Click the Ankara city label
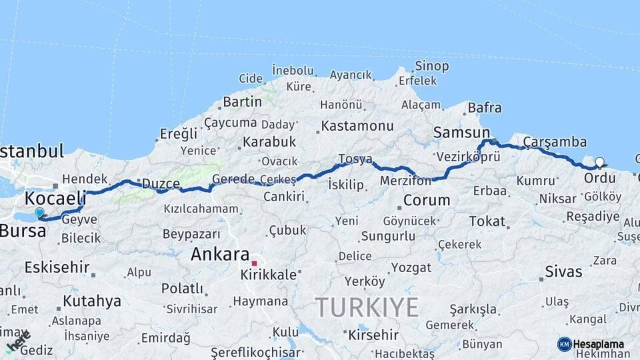(x=220, y=253)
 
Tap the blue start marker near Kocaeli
(x=39, y=213)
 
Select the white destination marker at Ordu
(x=599, y=162)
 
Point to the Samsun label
(x=461, y=133)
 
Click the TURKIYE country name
(x=367, y=307)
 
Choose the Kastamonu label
(x=357, y=125)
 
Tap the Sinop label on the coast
(x=431, y=66)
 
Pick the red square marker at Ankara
(x=254, y=263)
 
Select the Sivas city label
(x=563, y=271)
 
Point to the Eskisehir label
(x=57, y=267)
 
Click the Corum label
(x=427, y=200)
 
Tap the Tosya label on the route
(x=355, y=159)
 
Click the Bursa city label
(x=23, y=231)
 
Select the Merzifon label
(x=405, y=181)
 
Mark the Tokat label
(x=487, y=221)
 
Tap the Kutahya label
(x=92, y=301)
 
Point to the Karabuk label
(x=269, y=141)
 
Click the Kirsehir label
(x=373, y=335)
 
